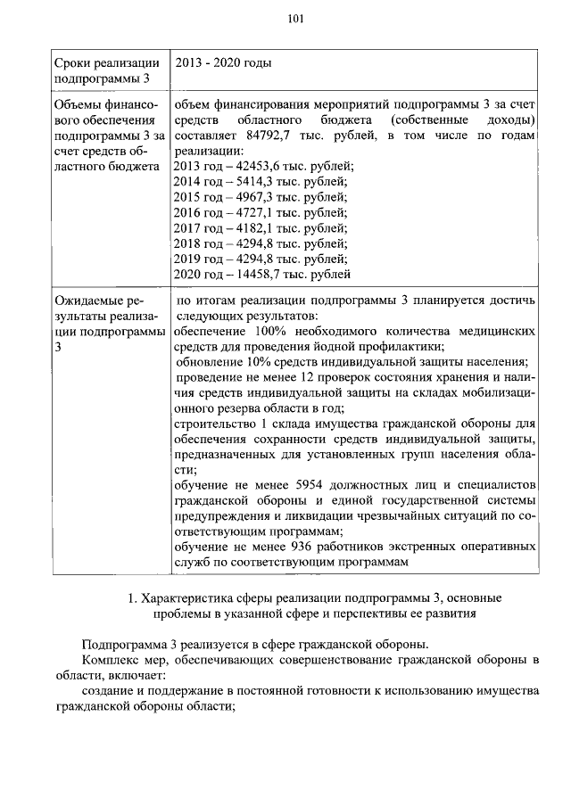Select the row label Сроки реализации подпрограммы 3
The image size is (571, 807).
(x=107, y=70)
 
